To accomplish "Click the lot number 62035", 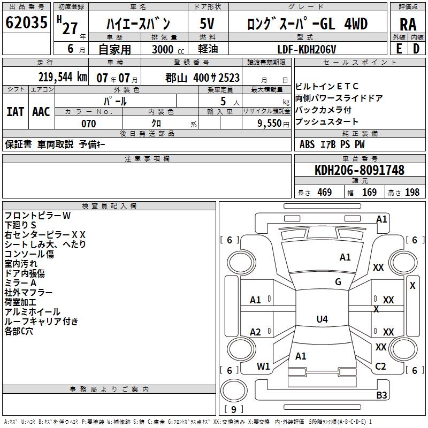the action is [x=26, y=24].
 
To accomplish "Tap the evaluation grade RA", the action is [x=408, y=25].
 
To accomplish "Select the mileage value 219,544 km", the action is [x=62, y=77].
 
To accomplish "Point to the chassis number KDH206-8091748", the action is [x=359, y=170].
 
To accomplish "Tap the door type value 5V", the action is [x=208, y=24].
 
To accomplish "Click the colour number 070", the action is [x=88, y=124].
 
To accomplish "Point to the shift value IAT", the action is [x=15, y=112].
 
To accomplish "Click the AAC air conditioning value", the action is [x=41, y=112].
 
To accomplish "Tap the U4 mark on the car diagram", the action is [x=322, y=319].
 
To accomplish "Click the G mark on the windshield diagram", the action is [x=338, y=282].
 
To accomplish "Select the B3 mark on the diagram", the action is [x=381, y=395].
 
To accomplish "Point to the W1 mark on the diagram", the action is [x=263, y=366].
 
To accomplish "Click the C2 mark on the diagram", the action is [x=380, y=366].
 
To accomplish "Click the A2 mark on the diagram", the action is [x=256, y=332].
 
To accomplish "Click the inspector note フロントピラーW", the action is [x=37, y=216].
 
